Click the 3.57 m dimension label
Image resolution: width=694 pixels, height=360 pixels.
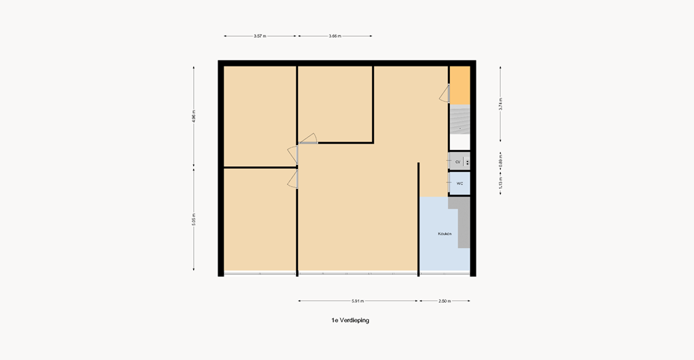point(259,36)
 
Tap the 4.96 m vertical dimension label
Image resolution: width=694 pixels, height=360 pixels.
point(194,116)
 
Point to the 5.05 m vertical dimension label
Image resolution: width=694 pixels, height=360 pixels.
point(194,220)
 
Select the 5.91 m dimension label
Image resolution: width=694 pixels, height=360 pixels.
point(357,301)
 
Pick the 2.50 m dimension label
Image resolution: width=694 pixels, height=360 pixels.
point(444,301)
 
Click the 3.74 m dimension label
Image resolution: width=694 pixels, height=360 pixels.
point(500,104)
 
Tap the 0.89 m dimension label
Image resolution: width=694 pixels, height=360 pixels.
point(500,161)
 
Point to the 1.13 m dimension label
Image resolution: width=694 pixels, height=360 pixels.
point(500,183)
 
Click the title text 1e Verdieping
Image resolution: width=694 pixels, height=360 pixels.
point(346,320)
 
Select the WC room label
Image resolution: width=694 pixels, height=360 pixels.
point(460,184)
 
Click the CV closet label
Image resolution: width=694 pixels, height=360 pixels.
point(458,162)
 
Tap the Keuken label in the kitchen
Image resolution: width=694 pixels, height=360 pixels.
point(445,234)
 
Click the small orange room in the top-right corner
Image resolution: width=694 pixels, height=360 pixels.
point(460,85)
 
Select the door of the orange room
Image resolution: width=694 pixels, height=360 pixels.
point(445,94)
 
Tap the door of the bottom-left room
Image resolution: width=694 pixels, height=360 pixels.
point(293,178)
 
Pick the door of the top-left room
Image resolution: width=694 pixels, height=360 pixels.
point(292,155)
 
